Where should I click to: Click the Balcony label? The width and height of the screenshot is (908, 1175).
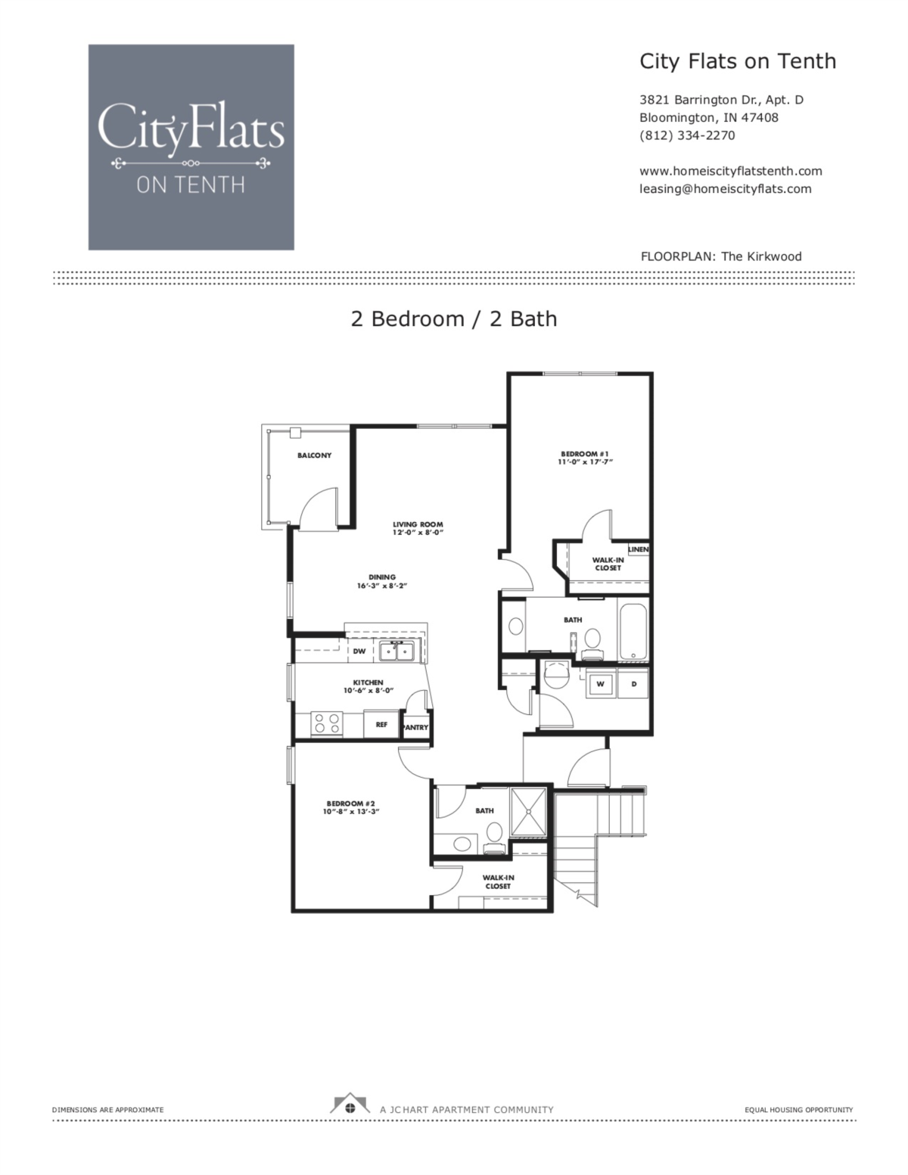314,455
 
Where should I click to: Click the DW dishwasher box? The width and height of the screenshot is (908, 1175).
359,651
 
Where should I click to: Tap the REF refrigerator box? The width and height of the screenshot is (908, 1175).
381,724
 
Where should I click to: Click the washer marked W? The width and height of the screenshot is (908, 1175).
601,684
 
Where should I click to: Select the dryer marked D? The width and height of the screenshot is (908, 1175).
634,684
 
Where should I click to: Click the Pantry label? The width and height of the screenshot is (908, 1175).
416,727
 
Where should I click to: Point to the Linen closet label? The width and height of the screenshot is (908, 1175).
638,549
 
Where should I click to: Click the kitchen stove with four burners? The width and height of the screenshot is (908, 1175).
327,723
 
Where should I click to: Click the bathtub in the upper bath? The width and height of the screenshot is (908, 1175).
633,631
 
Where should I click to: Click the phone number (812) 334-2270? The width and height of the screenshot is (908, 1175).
687,135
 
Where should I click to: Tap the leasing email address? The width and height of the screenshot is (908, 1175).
725,189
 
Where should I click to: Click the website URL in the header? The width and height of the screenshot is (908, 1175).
730,171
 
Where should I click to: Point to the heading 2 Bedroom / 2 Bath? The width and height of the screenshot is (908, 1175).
454,319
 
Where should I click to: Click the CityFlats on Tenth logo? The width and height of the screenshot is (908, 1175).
191,147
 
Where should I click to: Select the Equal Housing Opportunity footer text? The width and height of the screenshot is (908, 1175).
799,1110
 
